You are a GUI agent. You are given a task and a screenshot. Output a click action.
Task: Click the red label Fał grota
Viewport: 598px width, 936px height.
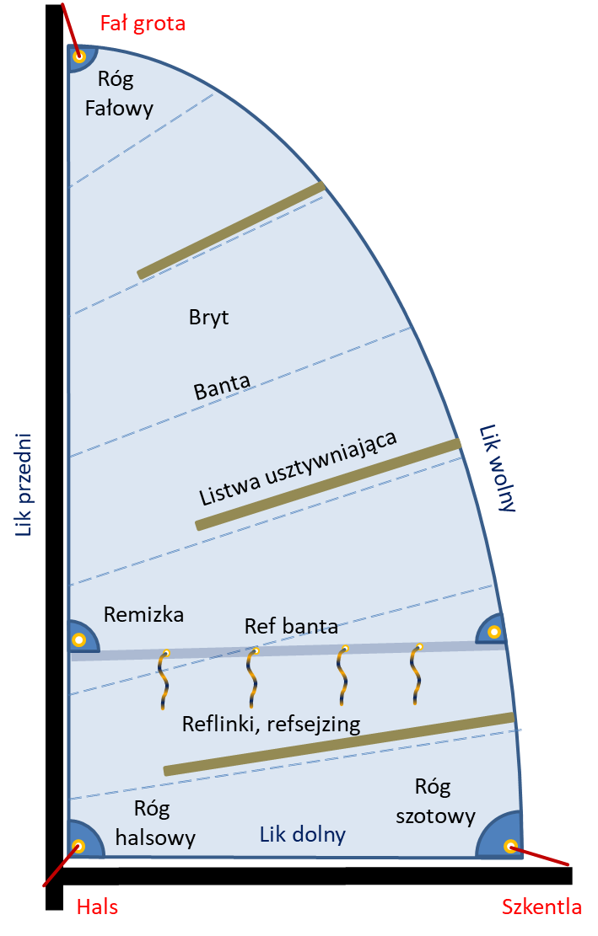[x=143, y=24]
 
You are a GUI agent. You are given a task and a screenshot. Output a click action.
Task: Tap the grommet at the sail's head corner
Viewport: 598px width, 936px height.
[x=78, y=57]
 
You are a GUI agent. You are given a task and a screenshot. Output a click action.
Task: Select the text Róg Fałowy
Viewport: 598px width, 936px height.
[x=118, y=94]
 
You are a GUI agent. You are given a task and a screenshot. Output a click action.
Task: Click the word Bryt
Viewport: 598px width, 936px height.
[x=208, y=317]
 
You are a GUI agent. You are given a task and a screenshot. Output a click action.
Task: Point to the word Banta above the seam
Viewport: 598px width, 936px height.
[x=222, y=387]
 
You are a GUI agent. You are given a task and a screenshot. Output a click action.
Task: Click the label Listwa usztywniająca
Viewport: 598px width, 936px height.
[x=298, y=468]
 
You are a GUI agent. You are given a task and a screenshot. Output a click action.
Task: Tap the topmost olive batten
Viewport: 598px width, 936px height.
[x=231, y=230]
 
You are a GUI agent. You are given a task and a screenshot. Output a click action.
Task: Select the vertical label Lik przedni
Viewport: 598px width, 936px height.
[x=23, y=484]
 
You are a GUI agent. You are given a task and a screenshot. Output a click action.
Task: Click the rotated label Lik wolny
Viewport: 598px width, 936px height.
[x=498, y=468]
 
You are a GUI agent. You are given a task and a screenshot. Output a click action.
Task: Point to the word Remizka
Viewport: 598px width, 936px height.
[x=143, y=615]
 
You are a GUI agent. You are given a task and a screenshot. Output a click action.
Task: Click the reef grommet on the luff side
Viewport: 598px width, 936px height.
[x=78, y=640]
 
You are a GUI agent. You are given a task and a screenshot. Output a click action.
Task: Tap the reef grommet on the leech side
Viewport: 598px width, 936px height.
[x=494, y=632]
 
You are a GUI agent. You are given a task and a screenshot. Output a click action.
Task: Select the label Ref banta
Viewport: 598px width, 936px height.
[x=291, y=626]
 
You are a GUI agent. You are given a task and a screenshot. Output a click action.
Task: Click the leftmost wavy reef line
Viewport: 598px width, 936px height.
[x=163, y=679]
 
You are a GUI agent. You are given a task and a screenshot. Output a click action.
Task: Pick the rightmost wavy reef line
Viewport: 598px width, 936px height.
[x=416, y=675]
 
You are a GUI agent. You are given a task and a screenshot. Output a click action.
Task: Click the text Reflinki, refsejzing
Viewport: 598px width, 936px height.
[x=272, y=724]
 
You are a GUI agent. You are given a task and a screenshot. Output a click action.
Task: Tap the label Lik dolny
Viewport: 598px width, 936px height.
[x=302, y=834]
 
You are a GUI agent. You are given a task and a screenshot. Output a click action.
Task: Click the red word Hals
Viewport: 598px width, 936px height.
[x=97, y=907]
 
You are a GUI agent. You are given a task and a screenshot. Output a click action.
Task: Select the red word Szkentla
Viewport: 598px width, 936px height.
[x=541, y=907]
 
